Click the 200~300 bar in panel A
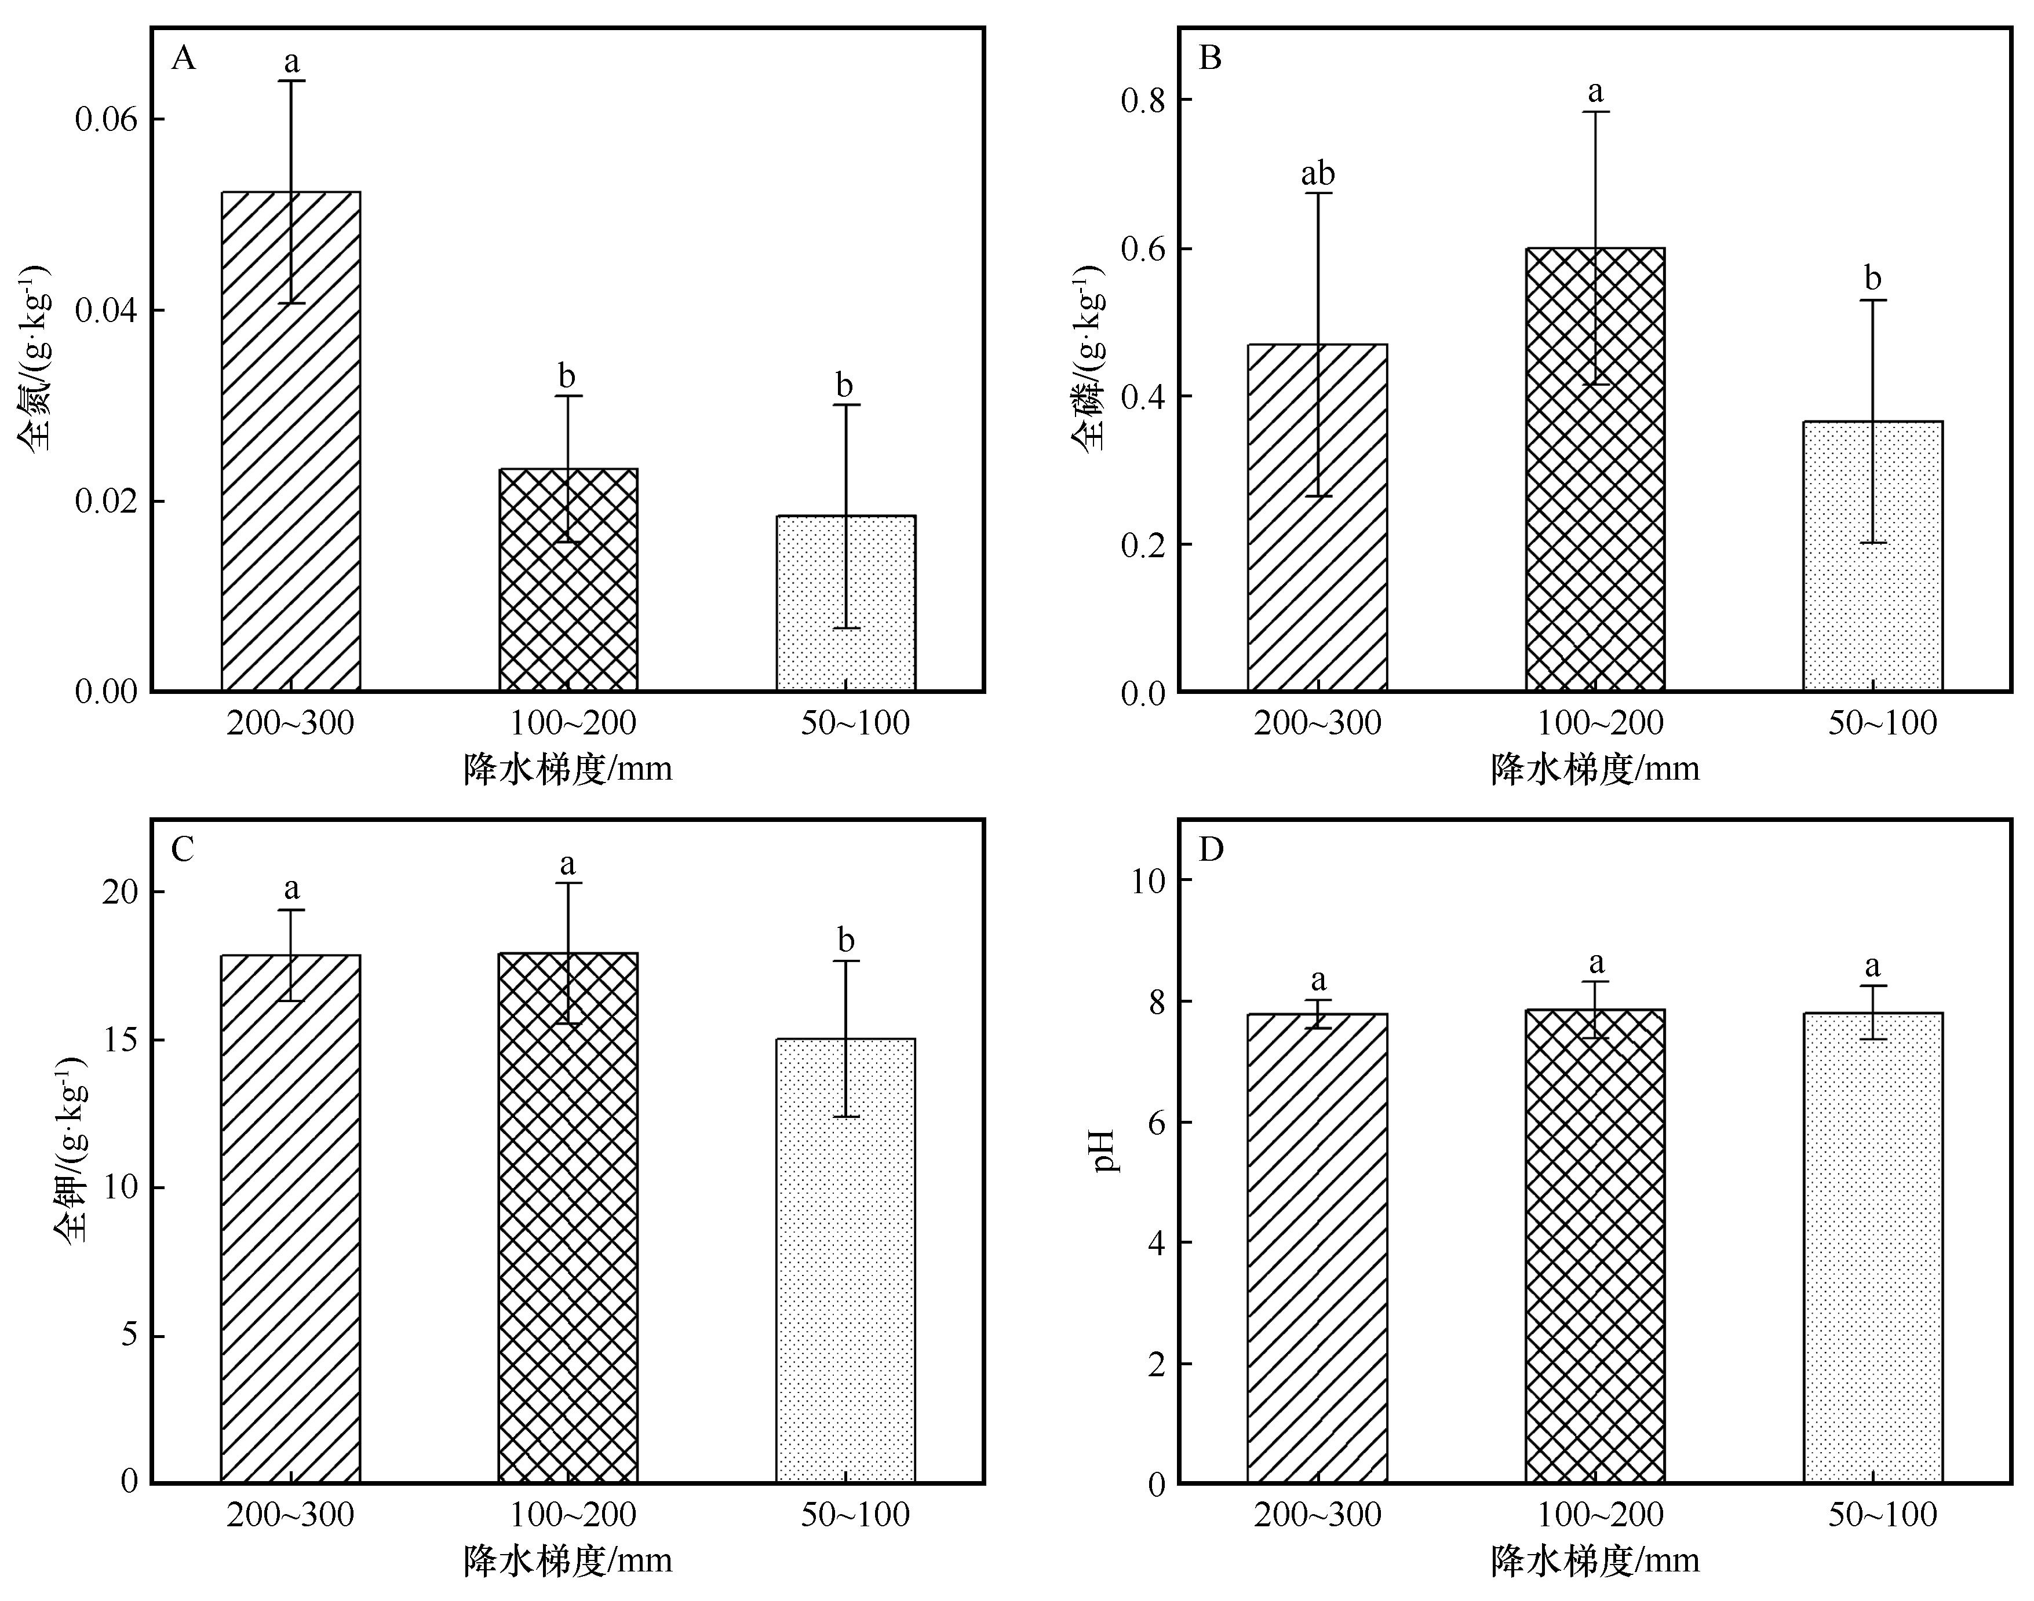pyautogui.click(x=291, y=441)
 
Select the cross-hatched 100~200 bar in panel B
pyautogui.click(x=1595, y=469)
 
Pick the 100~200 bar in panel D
pyautogui.click(x=1595, y=1246)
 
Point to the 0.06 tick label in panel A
pyautogui.click(x=106, y=120)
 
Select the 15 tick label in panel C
pyautogui.click(x=120, y=1040)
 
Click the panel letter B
pyautogui.click(x=1211, y=58)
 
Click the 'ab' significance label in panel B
pyautogui.click(x=1318, y=174)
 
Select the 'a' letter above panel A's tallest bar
pyautogui.click(x=291, y=63)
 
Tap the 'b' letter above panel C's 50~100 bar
pyautogui.click(x=846, y=940)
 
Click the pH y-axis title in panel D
pyautogui.click(x=1107, y=1151)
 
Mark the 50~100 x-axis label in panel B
pyautogui.click(x=1882, y=723)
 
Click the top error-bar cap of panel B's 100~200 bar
pyautogui.click(x=1595, y=112)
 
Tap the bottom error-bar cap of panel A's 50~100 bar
pyautogui.click(x=846, y=628)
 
